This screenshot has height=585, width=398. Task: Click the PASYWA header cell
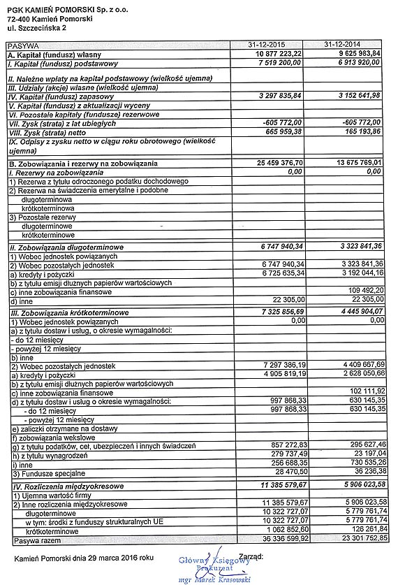[22, 45]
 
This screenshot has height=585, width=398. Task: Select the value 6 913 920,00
[358, 62]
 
